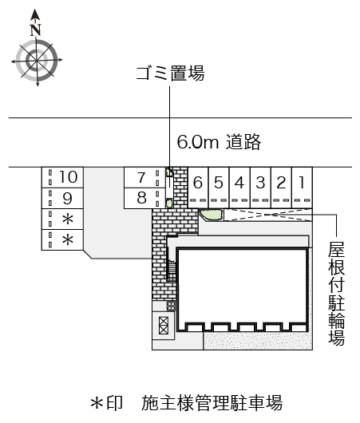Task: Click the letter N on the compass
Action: [35, 30]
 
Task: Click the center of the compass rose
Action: [37, 61]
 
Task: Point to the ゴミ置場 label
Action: [170, 73]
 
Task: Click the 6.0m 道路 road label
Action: [219, 141]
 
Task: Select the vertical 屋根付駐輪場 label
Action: [337, 293]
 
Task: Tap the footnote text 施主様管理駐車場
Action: [212, 403]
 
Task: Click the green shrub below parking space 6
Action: [212, 215]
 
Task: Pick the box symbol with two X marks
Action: [164, 326]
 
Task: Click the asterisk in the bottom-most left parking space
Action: [68, 239]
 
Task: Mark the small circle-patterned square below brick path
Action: [171, 306]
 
